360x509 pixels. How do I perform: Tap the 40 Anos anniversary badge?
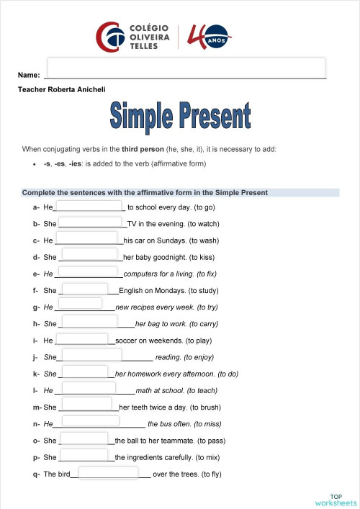(210, 36)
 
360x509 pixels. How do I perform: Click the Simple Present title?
(181, 117)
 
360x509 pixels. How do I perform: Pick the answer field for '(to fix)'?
(86, 272)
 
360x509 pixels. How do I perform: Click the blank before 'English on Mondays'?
(85, 289)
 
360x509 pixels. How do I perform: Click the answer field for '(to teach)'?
(89, 388)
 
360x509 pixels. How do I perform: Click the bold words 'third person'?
(143, 149)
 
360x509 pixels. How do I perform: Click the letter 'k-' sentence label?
(35, 374)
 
